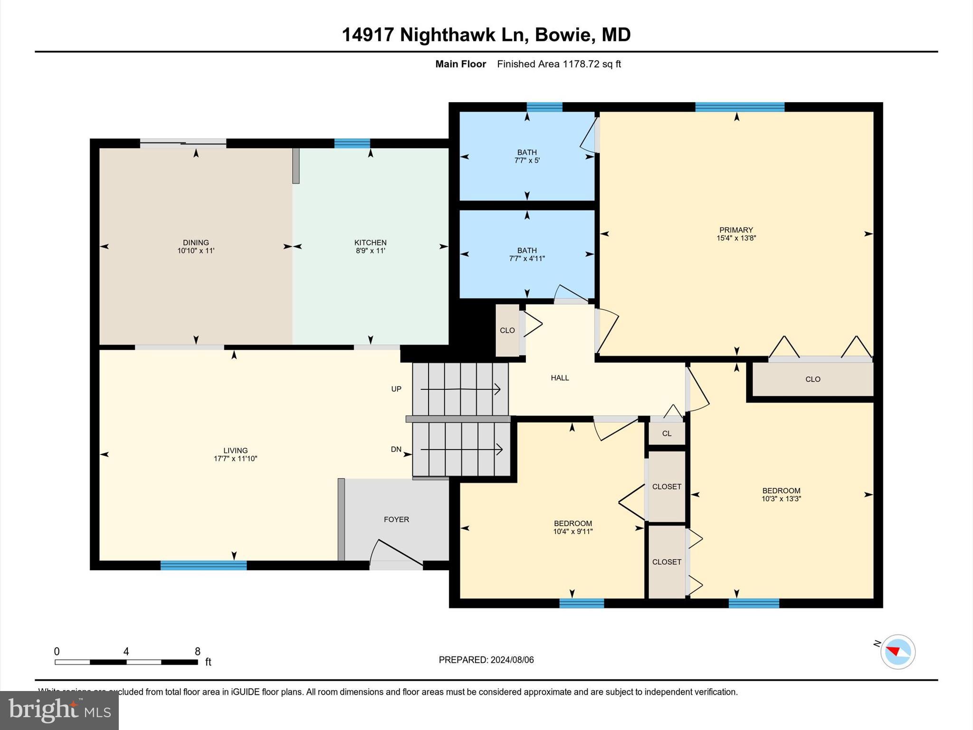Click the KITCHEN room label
(x=370, y=242)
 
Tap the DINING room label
(x=196, y=242)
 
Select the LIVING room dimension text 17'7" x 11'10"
(x=235, y=459)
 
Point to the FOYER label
(x=396, y=519)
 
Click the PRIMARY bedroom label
(x=736, y=230)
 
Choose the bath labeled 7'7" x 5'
(x=527, y=156)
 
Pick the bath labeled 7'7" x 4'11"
(x=527, y=254)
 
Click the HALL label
(x=560, y=378)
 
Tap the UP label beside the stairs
(x=396, y=389)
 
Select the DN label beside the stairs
(x=396, y=449)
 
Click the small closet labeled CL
(x=667, y=433)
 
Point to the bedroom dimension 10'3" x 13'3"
(x=781, y=499)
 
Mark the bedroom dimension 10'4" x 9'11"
(x=572, y=531)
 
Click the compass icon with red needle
(x=897, y=652)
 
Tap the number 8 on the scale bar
(x=197, y=652)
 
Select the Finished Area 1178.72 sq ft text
(x=559, y=64)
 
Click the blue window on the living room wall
(x=203, y=565)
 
